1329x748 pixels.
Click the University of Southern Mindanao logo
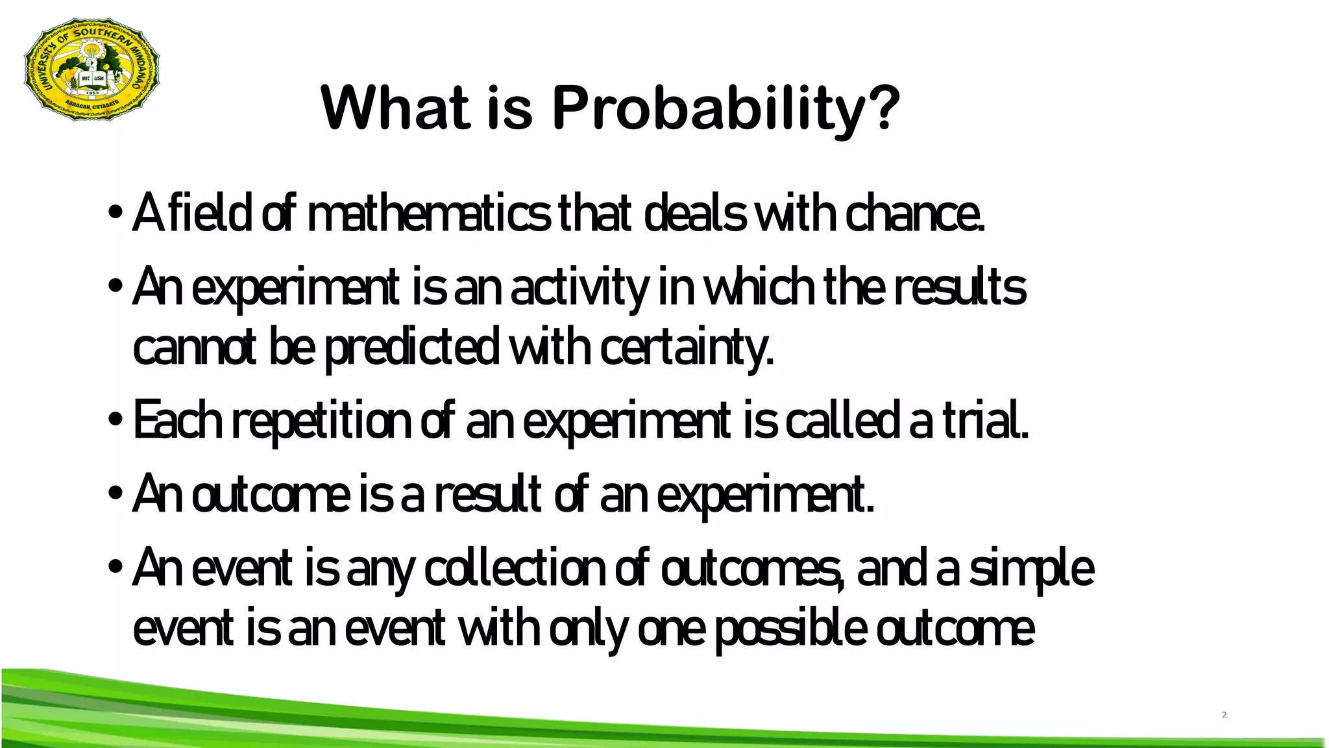(x=91, y=70)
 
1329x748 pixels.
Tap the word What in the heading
(x=395, y=108)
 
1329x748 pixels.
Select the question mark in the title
(x=883, y=108)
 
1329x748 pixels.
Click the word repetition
(x=322, y=421)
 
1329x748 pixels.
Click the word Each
(x=178, y=421)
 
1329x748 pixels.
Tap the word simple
(x=1032, y=569)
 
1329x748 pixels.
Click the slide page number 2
(x=1224, y=715)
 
